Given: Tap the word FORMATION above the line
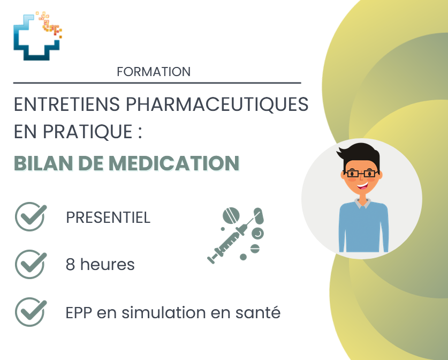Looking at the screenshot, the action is pyautogui.click(x=154, y=72).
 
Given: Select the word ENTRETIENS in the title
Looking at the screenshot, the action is pyautogui.click(x=66, y=104).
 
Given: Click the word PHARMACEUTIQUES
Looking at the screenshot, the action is pyautogui.click(x=217, y=104).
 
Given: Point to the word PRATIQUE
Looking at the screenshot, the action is pyautogui.click(x=87, y=132).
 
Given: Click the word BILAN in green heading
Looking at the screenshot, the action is pyautogui.click(x=43, y=163).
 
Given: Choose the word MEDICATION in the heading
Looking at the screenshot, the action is pyautogui.click(x=174, y=163).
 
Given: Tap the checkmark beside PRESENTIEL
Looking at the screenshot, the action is pyautogui.click(x=31, y=217).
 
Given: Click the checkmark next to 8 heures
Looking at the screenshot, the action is pyautogui.click(x=31, y=265).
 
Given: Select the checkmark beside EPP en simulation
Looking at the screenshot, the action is pyautogui.click(x=31, y=312).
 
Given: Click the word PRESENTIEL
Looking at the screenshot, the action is pyautogui.click(x=108, y=217).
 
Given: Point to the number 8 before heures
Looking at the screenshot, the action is pyautogui.click(x=70, y=265).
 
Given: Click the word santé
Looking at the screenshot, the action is pyautogui.click(x=258, y=312).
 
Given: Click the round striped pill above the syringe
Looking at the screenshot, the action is pyautogui.click(x=231, y=215).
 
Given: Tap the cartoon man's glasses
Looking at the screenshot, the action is pyautogui.click(x=361, y=174).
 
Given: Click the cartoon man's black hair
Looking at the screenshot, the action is pyautogui.click(x=360, y=156).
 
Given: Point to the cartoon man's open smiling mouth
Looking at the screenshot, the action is pyautogui.click(x=362, y=186).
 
